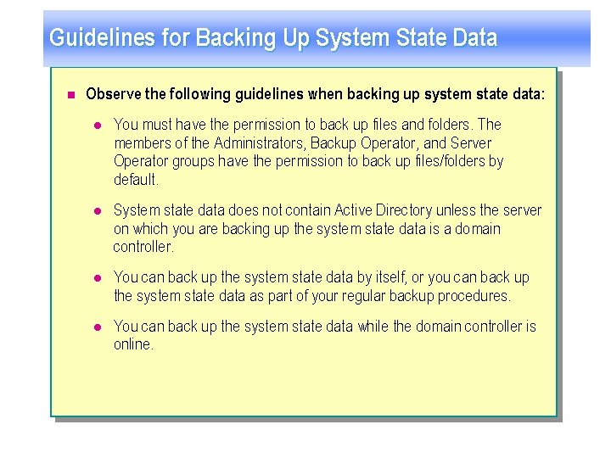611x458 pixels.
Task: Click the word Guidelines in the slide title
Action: click(91, 38)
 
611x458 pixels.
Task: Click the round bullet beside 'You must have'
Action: click(97, 125)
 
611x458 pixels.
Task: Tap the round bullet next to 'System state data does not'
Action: click(97, 210)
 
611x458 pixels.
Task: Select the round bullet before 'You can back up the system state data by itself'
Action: click(97, 277)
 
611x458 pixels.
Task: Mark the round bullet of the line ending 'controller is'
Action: click(97, 327)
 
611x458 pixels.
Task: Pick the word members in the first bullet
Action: click(137, 143)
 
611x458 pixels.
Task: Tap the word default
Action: click(135, 180)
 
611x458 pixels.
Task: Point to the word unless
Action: click(459, 210)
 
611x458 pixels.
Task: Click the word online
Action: click(132, 345)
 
